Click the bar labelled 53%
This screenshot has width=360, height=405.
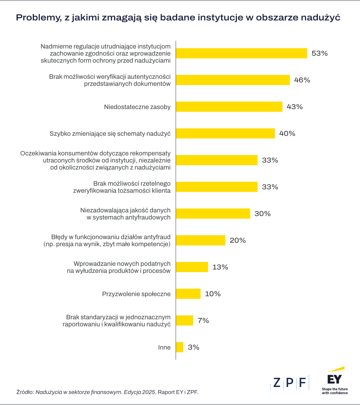point(241,53)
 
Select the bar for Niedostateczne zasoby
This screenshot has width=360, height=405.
point(229,107)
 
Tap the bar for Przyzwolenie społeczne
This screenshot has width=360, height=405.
point(188,294)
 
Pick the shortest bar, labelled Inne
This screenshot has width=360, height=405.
point(180,347)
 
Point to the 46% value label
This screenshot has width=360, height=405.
point(302,80)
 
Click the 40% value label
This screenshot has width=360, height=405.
point(287,134)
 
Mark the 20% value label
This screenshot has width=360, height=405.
point(238,240)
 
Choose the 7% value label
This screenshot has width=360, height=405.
point(203,320)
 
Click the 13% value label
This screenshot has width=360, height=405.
point(220,267)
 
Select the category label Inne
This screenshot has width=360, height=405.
point(164,347)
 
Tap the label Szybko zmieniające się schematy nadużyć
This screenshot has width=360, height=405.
point(110,134)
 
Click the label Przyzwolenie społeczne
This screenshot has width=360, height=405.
point(136,294)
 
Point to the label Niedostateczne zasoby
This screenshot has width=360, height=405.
point(137,107)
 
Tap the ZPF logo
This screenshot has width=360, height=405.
point(289,383)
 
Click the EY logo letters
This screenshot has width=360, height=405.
point(334,379)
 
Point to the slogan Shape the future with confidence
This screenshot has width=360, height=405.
point(334,391)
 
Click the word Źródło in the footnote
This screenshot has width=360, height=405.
point(25,392)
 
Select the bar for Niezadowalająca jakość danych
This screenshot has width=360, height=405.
point(213,213)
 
